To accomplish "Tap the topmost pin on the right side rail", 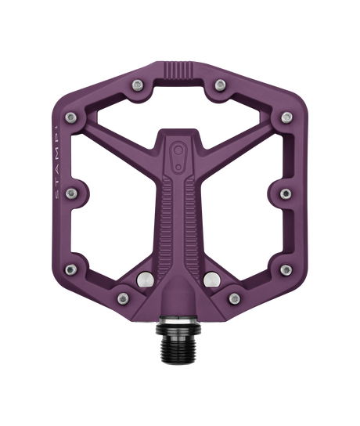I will (x=287, y=117).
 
